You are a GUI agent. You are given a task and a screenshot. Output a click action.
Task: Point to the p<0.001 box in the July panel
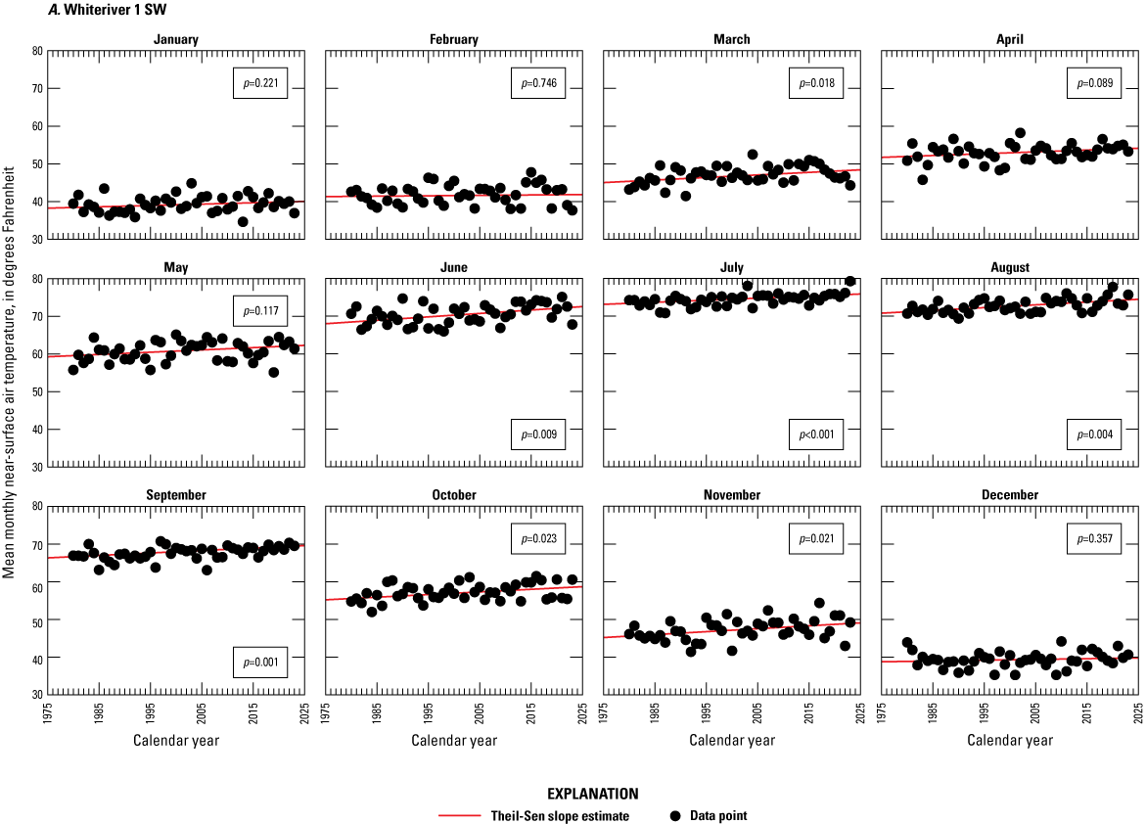815,434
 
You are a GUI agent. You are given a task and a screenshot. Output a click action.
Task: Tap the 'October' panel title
453,495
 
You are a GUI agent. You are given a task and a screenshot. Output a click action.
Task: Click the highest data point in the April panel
1020,133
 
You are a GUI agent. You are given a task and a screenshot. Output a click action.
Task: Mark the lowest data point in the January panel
243,221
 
